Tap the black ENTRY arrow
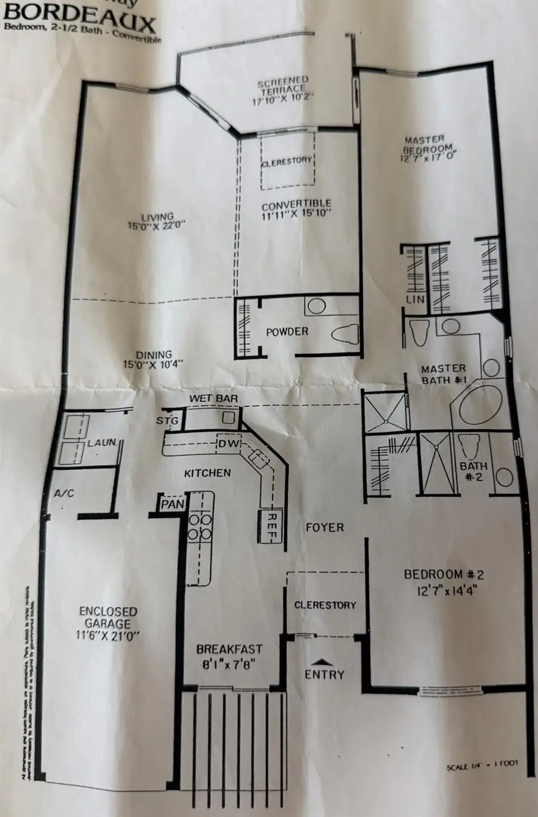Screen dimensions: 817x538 tap(323, 662)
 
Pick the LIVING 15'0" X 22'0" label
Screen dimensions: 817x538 tap(157, 221)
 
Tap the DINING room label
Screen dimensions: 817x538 tap(154, 359)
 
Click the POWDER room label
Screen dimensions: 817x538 tap(287, 332)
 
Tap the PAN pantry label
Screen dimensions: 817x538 tap(173, 504)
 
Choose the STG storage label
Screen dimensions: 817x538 tap(167, 421)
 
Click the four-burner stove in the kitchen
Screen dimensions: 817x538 tap(200, 525)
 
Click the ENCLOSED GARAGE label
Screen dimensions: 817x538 tap(108, 623)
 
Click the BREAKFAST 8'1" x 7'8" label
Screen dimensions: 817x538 tap(230, 655)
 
